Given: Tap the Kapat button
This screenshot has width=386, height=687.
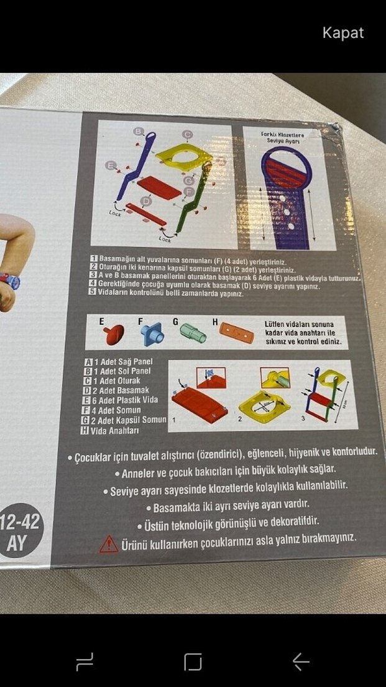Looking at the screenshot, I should (342, 33).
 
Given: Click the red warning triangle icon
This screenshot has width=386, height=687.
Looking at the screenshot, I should (109, 543).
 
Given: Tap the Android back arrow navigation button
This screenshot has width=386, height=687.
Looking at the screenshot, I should (301, 661).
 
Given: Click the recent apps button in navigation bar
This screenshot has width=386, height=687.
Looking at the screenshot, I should (85, 661).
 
